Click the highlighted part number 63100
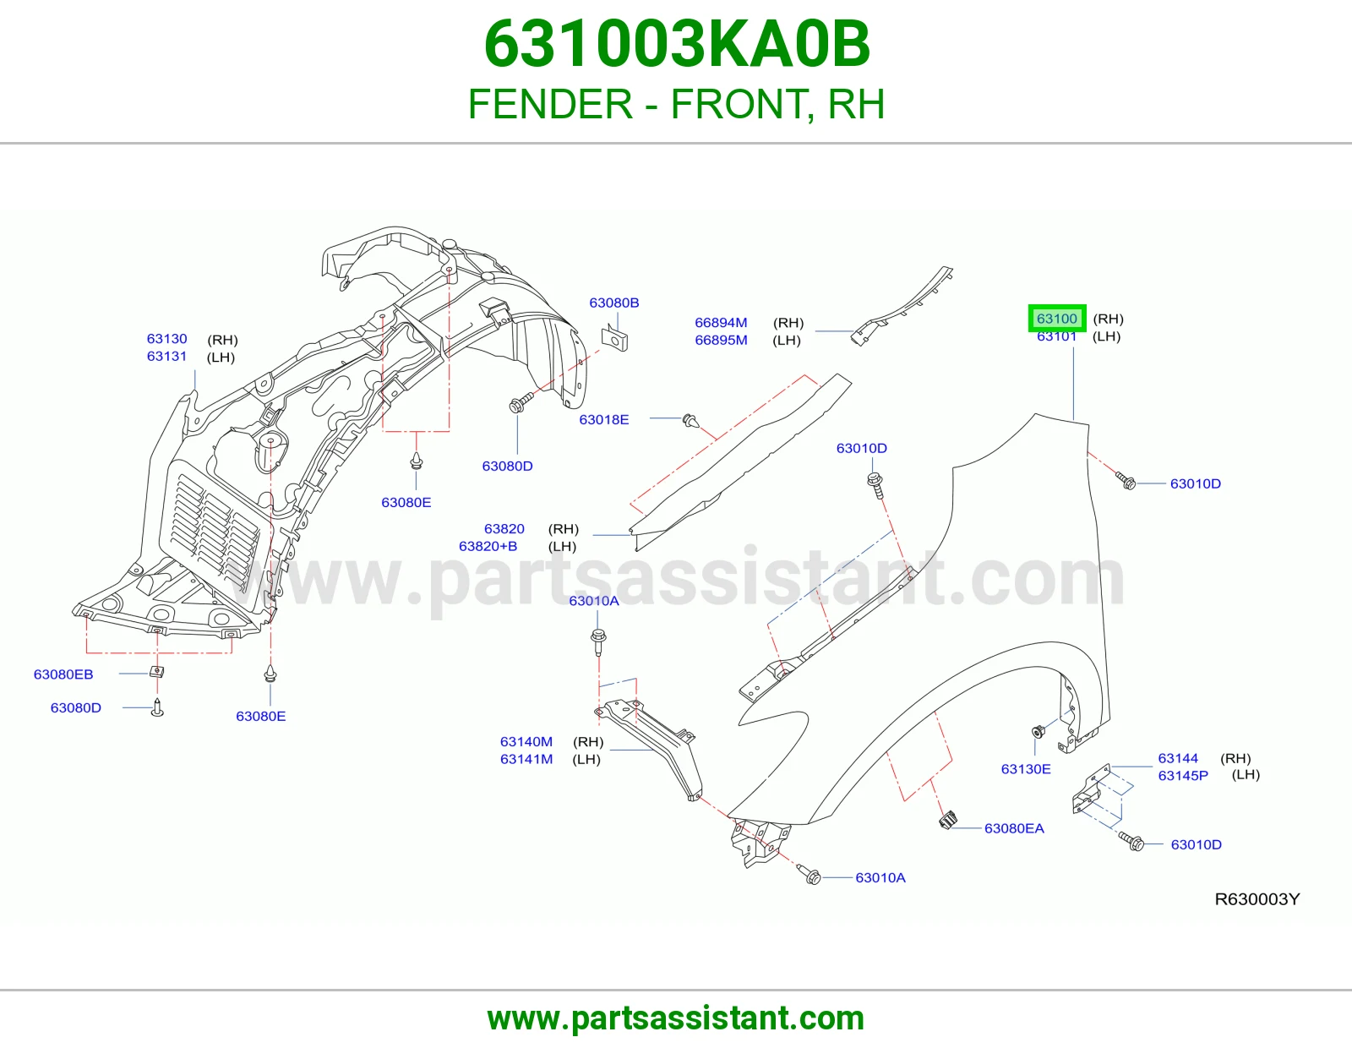click(1056, 319)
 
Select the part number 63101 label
click(1056, 336)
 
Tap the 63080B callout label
click(614, 303)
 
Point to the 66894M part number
click(721, 322)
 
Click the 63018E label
click(603, 419)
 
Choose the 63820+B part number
click(488, 546)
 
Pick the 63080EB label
click(63, 674)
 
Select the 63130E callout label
click(1026, 768)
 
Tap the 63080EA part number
click(1014, 828)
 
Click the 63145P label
click(1183, 775)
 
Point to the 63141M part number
click(526, 759)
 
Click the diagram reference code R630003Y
click(1257, 898)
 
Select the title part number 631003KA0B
click(676, 44)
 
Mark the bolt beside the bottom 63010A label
click(810, 875)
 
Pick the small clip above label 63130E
click(1039, 730)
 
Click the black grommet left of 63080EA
click(947, 820)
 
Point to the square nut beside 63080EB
click(157, 672)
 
